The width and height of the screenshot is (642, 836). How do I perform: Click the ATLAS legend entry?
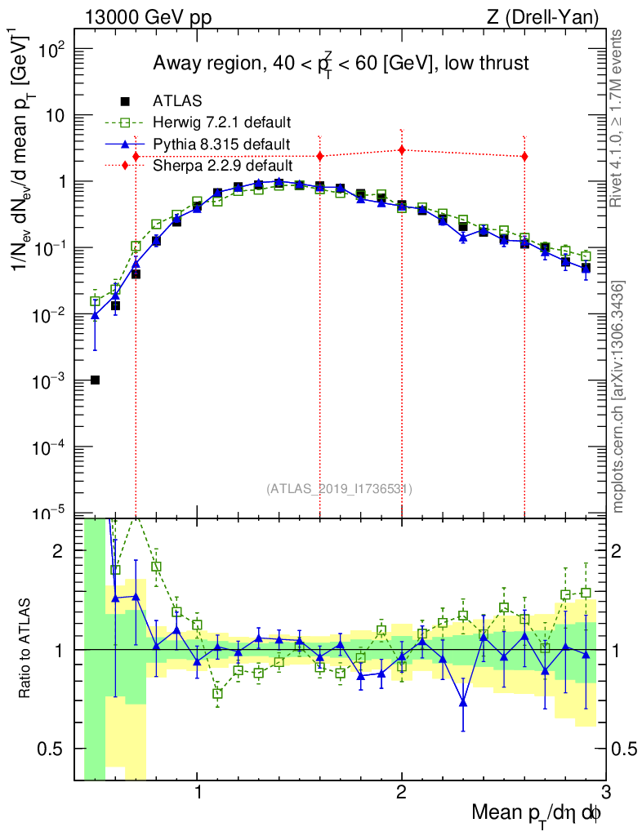pos(172,101)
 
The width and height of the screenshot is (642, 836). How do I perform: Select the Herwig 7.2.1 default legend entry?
pos(221,122)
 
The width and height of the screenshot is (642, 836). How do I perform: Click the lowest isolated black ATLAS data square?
pos(95,380)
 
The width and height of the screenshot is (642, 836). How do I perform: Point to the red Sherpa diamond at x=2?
pos(401,149)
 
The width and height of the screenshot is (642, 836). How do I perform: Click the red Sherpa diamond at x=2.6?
pos(524,156)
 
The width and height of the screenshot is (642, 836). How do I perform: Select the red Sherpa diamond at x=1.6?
pos(319,156)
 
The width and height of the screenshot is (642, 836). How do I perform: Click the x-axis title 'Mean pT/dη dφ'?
pos(537,813)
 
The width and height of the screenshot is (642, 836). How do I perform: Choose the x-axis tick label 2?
pos(401,793)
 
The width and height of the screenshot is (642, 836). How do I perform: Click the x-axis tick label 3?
pos(604,793)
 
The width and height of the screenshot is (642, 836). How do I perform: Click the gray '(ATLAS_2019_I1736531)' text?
pos(339,489)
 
